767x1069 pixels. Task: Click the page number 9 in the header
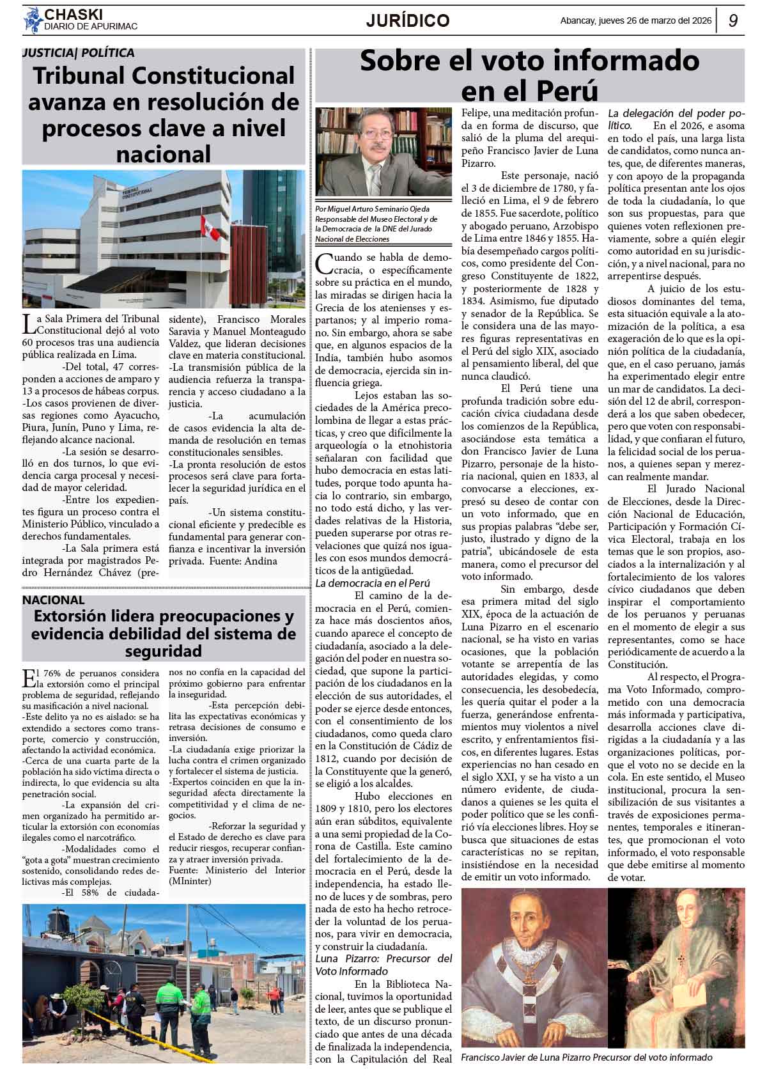click(733, 21)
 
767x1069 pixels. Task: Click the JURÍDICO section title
click(408, 21)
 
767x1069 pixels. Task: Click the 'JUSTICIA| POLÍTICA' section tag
click(78, 53)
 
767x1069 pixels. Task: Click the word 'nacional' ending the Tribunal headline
click(164, 153)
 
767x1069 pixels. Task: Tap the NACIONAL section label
click(53, 600)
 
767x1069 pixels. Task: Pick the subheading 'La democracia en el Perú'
click(373, 583)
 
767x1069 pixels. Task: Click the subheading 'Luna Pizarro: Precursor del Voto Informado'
click(383, 965)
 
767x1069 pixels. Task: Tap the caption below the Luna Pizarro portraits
click(586, 1057)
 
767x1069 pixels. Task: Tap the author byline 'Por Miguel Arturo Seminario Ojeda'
click(373, 209)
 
